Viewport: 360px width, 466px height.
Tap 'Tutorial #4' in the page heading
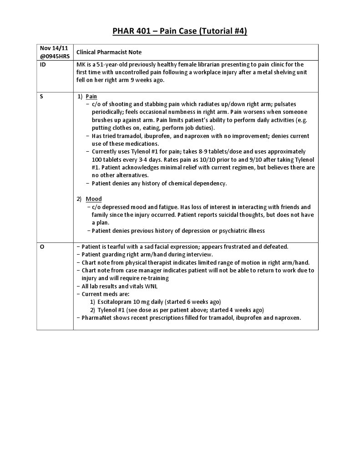click(223, 31)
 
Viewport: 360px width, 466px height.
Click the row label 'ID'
click(43, 65)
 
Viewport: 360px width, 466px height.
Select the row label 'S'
click(42, 97)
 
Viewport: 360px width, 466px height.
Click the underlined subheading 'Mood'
click(94, 199)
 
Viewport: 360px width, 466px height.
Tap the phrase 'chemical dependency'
click(199, 184)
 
